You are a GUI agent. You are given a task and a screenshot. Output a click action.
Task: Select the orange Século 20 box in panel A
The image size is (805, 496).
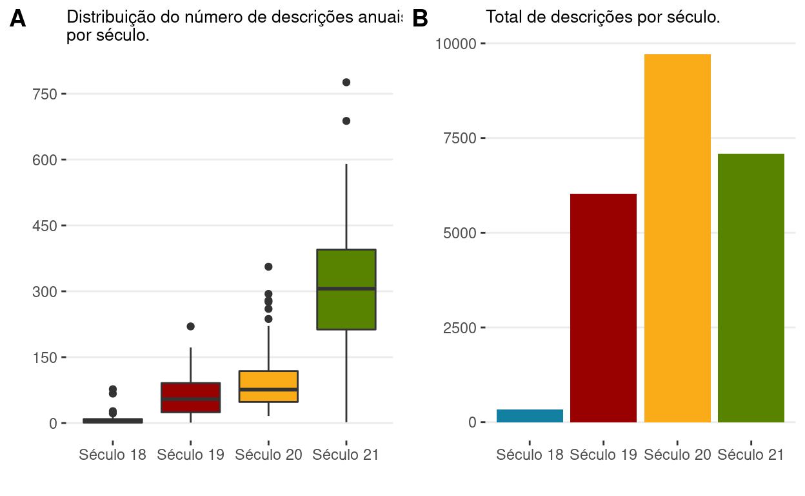coord(268,381)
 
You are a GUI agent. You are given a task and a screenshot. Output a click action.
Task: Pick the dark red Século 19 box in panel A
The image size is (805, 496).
coord(190,391)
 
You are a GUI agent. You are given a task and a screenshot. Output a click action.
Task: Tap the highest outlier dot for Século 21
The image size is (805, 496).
coord(346,82)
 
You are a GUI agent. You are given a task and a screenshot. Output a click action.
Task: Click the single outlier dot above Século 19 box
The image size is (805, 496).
coord(191,326)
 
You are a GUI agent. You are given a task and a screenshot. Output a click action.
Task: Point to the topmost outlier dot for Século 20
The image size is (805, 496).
coord(268,266)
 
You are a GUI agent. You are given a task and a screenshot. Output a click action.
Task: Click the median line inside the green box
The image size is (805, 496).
coord(346,289)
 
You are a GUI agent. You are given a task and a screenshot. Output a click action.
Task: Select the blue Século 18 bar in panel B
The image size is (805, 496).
coord(530,416)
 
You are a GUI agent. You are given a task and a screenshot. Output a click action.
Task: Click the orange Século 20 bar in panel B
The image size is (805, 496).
coord(677,238)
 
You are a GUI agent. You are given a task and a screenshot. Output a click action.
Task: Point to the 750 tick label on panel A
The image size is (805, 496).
coord(45,94)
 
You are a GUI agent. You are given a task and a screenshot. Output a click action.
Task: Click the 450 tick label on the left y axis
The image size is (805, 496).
coord(45,226)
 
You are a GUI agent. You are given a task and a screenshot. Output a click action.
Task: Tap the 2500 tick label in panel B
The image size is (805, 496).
coord(459,327)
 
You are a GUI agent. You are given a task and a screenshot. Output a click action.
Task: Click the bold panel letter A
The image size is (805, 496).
coord(18,19)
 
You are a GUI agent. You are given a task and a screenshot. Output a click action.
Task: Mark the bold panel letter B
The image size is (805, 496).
coord(420,19)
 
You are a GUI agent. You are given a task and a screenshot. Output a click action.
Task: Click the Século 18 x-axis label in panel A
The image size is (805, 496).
coord(112,455)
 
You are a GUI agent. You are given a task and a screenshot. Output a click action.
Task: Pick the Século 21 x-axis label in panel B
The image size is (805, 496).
coord(751,455)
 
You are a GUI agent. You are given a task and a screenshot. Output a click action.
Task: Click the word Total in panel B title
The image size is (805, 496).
coord(503,17)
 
